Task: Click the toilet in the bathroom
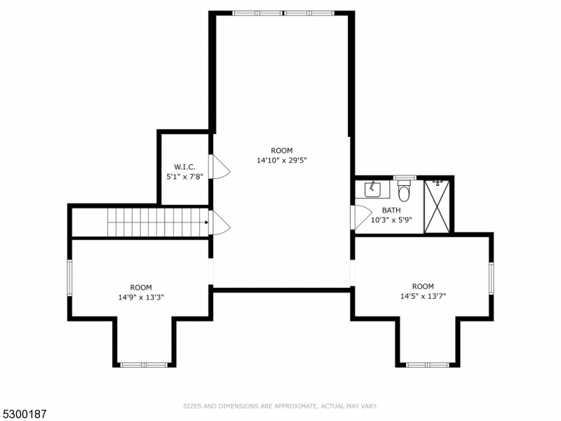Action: tap(404, 191)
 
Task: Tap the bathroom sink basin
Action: tap(372, 189)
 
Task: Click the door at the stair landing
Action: tap(220, 223)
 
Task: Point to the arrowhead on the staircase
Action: tap(206, 223)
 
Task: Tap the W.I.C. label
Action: tap(184, 166)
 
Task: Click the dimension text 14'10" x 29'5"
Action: tap(282, 160)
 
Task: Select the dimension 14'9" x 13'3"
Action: tap(141, 297)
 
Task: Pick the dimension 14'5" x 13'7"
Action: tap(423, 296)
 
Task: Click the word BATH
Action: tap(391, 210)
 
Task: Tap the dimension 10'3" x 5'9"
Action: tap(391, 220)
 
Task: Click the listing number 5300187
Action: tap(25, 414)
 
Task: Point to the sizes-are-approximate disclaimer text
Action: tap(280, 406)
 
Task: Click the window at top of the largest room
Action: tap(283, 13)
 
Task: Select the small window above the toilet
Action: tap(404, 178)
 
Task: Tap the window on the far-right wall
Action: tap(491, 277)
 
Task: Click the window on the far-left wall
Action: tap(69, 277)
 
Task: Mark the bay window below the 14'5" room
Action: tap(427, 365)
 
